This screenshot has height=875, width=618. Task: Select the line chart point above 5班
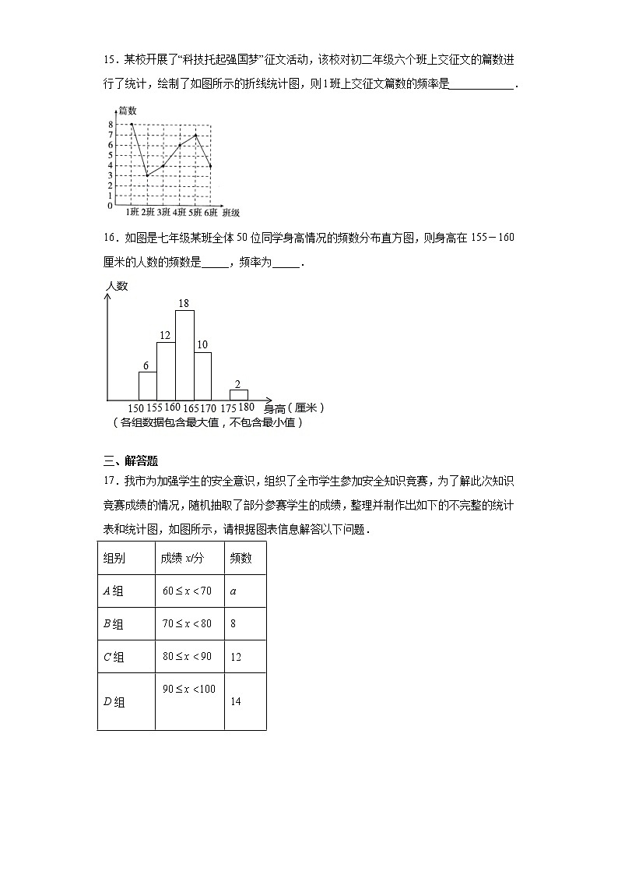click(195, 136)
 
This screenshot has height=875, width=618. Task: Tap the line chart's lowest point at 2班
click(147, 175)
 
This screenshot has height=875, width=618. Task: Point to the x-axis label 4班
click(180, 212)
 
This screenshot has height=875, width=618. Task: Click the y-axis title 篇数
click(128, 111)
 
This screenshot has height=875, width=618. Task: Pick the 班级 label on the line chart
click(230, 212)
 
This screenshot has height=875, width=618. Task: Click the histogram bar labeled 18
click(184, 355)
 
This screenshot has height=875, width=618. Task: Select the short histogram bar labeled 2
click(238, 395)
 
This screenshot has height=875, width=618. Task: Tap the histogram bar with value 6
click(147, 386)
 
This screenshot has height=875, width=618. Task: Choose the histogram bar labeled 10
click(202, 376)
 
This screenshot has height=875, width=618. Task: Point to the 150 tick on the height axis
click(135, 408)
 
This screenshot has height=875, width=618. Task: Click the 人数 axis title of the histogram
click(117, 286)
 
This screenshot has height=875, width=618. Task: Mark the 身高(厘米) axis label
click(293, 408)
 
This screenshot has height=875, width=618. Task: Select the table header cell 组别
click(114, 558)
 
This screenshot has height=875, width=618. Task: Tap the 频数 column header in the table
click(240, 558)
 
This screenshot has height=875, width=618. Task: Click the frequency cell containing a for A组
click(234, 591)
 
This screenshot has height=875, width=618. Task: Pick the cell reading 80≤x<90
click(187, 656)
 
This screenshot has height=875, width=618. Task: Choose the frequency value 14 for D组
click(236, 701)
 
